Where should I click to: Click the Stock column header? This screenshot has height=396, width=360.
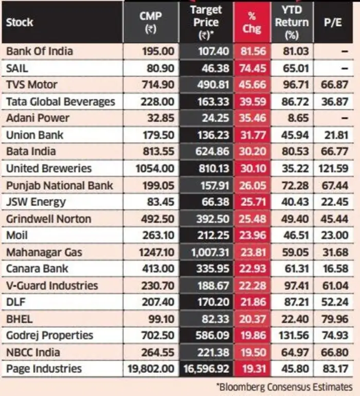[x=20, y=23]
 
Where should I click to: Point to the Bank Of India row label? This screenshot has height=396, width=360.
[x=40, y=51]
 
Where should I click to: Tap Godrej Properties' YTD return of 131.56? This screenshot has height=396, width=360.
[x=291, y=335]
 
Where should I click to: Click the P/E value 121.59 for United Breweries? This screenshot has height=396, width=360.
[x=336, y=168]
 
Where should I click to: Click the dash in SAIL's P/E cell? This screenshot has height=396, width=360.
[x=344, y=68]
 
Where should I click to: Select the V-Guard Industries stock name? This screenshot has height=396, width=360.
[x=51, y=285]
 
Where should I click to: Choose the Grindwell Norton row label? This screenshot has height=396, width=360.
[x=48, y=219]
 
